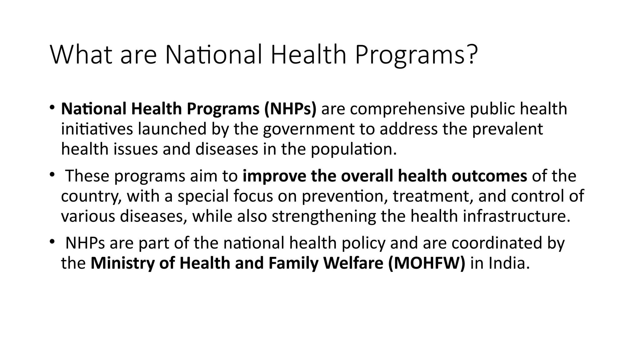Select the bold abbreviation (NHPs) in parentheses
click(x=290, y=109)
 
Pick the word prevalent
click(x=507, y=129)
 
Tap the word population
click(x=353, y=149)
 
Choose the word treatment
click(x=433, y=196)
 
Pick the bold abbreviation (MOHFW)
click(x=427, y=263)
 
